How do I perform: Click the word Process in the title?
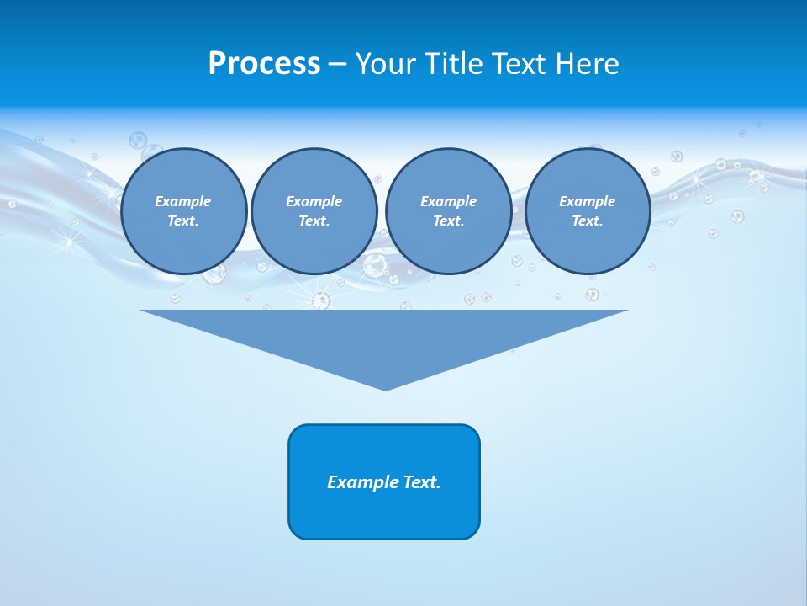pyautogui.click(x=264, y=64)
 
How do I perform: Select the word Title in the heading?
pyautogui.click(x=453, y=64)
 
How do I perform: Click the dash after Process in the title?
pyautogui.click(x=337, y=65)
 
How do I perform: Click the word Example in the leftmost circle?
pyautogui.click(x=183, y=201)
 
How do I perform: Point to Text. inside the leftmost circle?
pyautogui.click(x=183, y=221)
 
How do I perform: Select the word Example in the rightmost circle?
pyautogui.click(x=588, y=201)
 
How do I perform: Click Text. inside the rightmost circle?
pyautogui.click(x=588, y=221)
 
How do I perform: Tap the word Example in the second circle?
pyautogui.click(x=314, y=201)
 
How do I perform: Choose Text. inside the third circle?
pyautogui.click(x=448, y=221)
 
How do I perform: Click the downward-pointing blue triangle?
pyautogui.click(x=384, y=337)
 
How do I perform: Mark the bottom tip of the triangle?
pyautogui.click(x=384, y=388)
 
